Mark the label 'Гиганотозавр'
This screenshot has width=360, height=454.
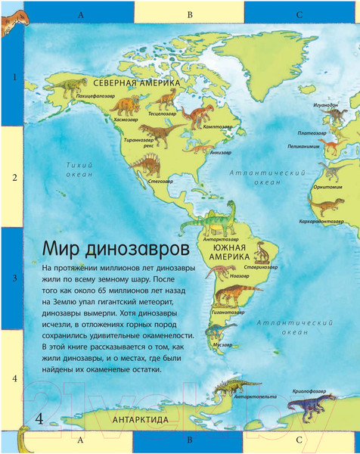(227, 312)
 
